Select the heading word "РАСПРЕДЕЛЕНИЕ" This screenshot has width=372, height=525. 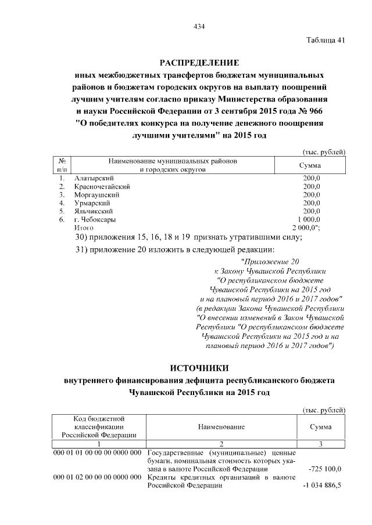[199, 63]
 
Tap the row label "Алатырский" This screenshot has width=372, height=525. [94, 178]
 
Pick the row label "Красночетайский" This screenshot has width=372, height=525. [102, 186]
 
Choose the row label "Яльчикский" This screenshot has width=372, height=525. [93, 212]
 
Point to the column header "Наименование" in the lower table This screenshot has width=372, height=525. [221, 427]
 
